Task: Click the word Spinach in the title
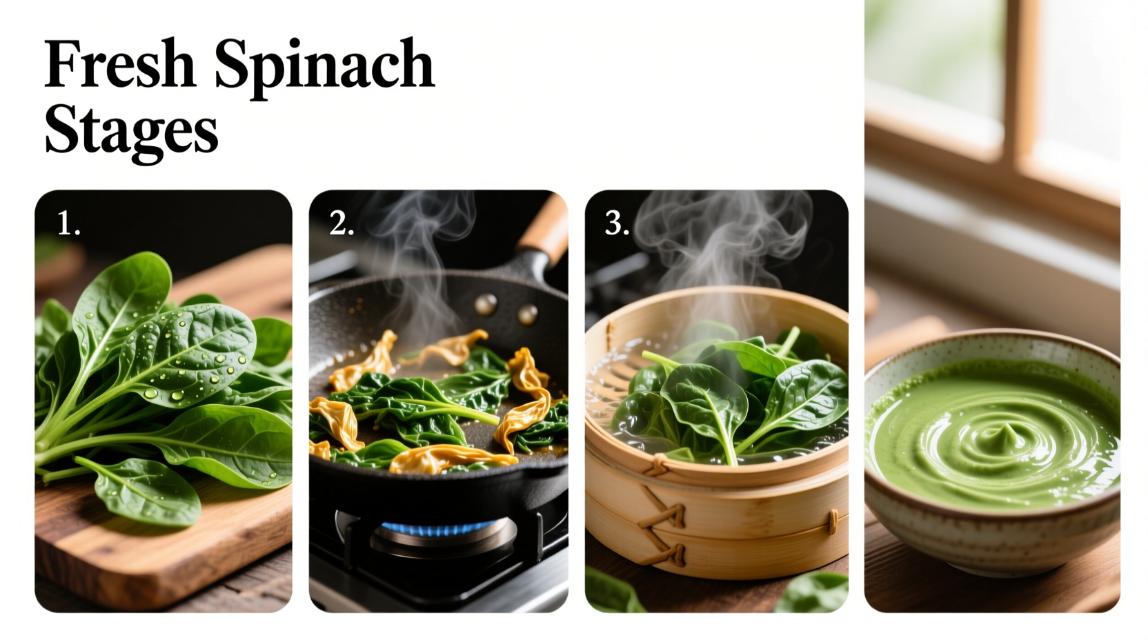point(324,66)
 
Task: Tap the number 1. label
point(68,223)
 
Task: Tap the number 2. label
point(342,223)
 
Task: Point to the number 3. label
point(617,223)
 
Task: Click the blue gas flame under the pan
point(438,529)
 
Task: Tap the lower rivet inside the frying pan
point(528,314)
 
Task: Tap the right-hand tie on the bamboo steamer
point(833,521)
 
